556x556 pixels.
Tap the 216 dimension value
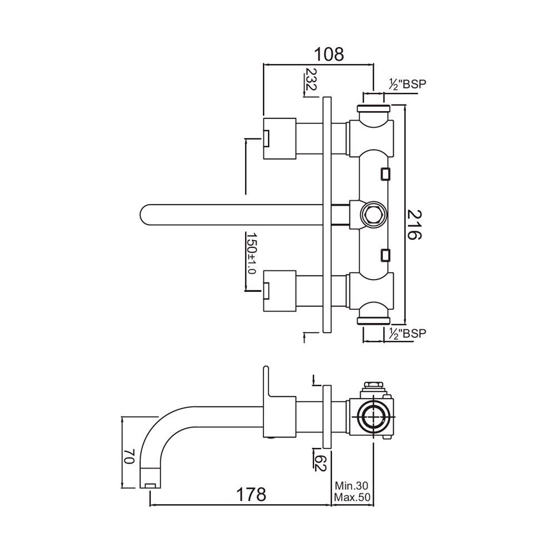(416, 224)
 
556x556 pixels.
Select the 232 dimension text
(311, 82)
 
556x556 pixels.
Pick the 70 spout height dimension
(128, 458)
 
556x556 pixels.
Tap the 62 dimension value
(319, 463)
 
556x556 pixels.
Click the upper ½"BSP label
(407, 85)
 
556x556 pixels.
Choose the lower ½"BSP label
(407, 334)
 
